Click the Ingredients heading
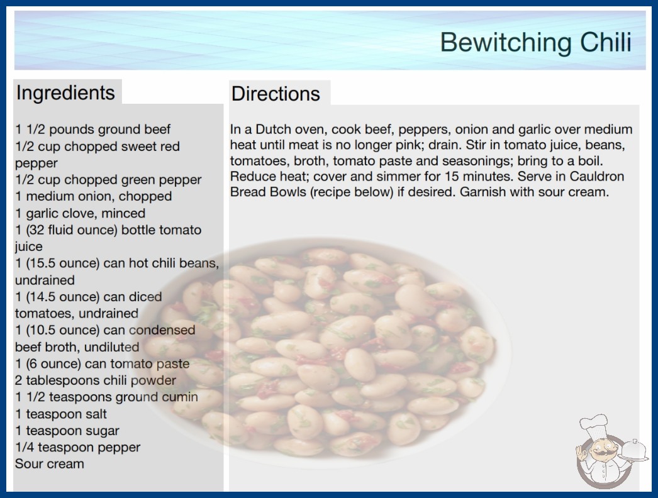tap(65, 92)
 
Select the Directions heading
tap(276, 94)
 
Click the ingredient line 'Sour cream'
tap(50, 463)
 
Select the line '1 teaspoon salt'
tap(61, 414)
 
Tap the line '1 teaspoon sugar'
tap(67, 431)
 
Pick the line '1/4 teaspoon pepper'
tap(77, 447)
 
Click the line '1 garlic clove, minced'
tap(80, 213)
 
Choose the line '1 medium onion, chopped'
tap(94, 196)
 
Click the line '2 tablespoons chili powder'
tap(95, 380)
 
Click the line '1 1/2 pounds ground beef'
tap(92, 130)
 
